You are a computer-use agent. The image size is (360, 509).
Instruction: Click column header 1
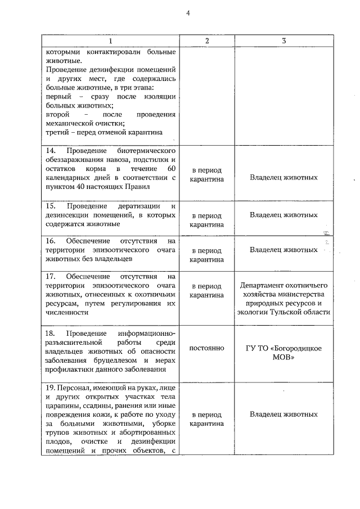[x=110, y=41]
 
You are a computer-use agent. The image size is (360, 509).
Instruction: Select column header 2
[x=206, y=41]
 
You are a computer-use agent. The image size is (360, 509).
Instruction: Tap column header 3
[x=283, y=41]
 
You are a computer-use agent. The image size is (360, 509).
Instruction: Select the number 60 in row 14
[x=172, y=169]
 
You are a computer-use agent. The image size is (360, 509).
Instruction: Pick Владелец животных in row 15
[x=283, y=215]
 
